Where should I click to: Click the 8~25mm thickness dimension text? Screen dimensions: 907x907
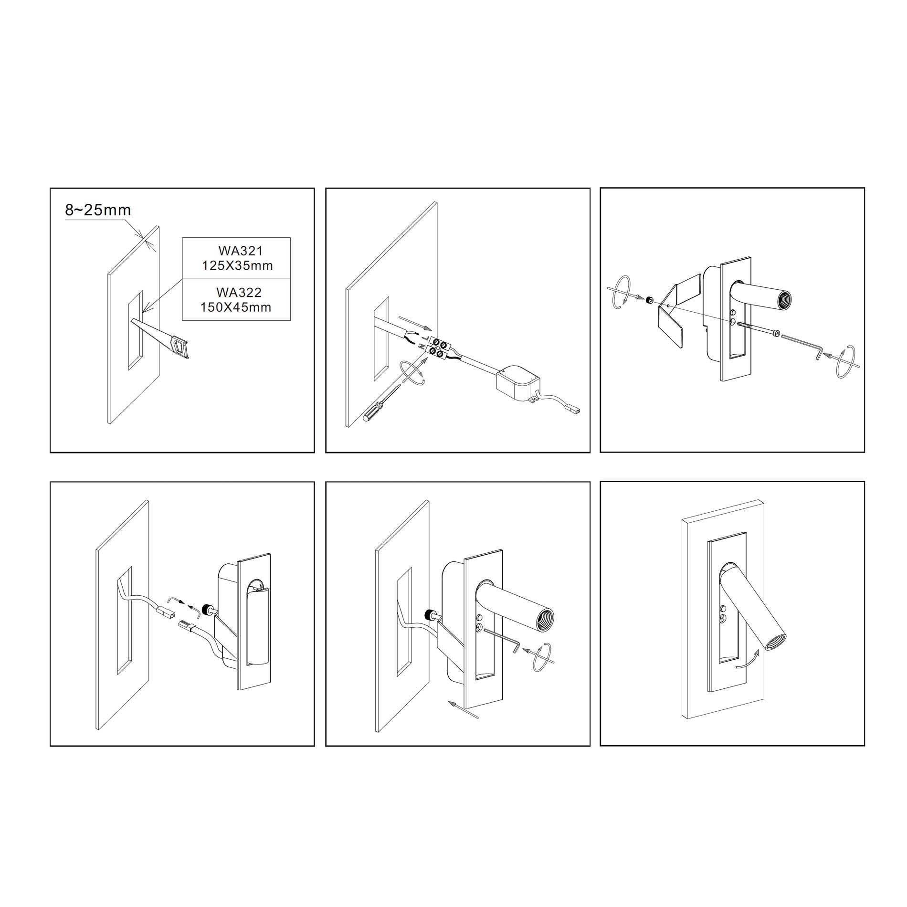pyautogui.click(x=98, y=210)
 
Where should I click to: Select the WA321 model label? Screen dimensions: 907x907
pyautogui.click(x=241, y=250)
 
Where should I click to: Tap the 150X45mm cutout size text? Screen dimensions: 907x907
pyautogui.click(x=236, y=307)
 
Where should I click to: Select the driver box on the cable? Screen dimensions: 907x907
pyautogui.click(x=518, y=382)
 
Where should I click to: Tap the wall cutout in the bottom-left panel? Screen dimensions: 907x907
pyautogui.click(x=125, y=621)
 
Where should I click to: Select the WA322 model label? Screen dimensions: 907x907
pyautogui.click(x=239, y=292)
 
